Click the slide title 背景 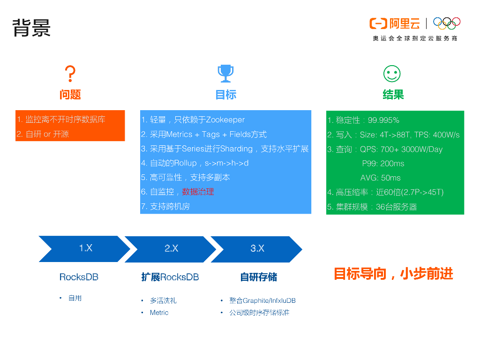coord(31,28)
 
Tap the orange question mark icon coord(70,74)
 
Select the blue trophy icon coord(225,73)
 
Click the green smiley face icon coord(392,74)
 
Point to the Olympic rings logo coord(447,23)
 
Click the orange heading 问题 coord(70,95)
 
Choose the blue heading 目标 coord(225,95)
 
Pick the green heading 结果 coord(393,95)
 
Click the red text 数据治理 coord(198,192)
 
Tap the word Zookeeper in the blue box coord(225,120)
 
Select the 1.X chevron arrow coord(84,249)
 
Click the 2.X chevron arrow coord(171,249)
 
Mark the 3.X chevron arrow coord(257,249)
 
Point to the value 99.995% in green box coord(383,120)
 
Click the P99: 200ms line coord(383,164)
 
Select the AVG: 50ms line coord(380,178)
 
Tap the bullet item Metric coord(159,313)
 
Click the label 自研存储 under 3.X coord(258,277)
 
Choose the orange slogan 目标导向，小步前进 coord(393,274)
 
